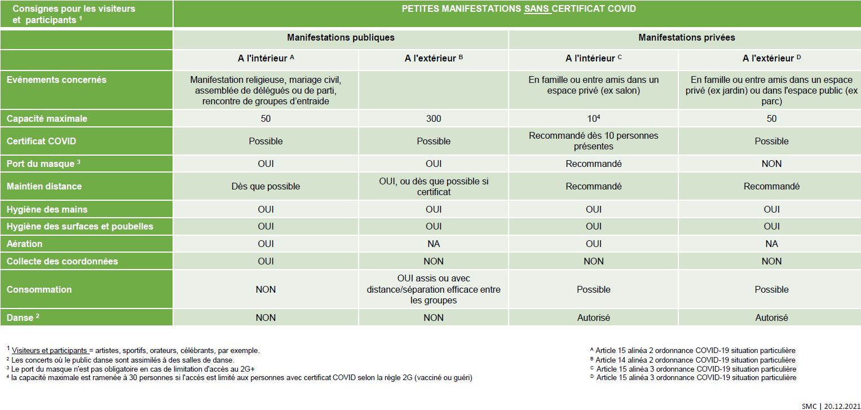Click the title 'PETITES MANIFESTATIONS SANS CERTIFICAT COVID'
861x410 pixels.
click(518, 9)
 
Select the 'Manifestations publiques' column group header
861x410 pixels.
click(341, 38)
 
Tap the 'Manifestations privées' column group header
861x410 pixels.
click(686, 38)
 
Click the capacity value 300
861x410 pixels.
click(434, 119)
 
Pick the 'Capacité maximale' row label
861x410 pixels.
click(47, 119)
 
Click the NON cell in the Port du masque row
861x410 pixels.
click(771, 164)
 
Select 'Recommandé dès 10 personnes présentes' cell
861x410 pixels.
click(593, 141)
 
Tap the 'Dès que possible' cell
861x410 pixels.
click(266, 186)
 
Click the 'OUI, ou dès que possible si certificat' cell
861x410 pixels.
click(434, 187)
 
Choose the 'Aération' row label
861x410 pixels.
click(24, 244)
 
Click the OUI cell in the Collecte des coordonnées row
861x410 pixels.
click(266, 261)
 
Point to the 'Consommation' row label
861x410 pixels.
click(39, 289)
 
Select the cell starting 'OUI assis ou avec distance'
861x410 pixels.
click(434, 289)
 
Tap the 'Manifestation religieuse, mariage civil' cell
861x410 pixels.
click(266, 90)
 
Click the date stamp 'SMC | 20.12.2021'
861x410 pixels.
click(830, 405)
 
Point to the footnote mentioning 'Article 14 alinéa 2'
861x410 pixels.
click(695, 360)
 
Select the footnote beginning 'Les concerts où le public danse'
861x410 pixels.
click(122, 360)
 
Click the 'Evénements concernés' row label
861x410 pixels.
click(56, 80)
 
